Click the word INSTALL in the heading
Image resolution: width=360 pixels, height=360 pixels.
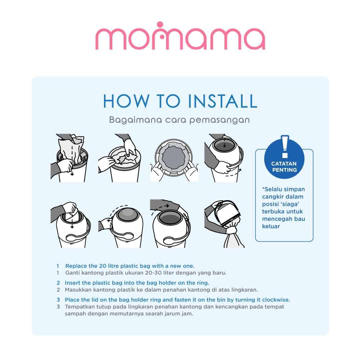click(223, 101)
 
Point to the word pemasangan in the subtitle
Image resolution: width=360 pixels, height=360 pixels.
click(219, 120)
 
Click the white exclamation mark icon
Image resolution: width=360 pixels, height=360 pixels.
click(285, 146)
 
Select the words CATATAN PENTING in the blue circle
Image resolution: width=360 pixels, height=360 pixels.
click(284, 167)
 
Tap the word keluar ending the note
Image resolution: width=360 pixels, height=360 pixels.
click(271, 226)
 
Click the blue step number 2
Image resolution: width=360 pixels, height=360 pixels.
click(58, 283)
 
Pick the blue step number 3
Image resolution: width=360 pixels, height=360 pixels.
click(58, 300)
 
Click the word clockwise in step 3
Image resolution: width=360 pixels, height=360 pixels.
click(276, 300)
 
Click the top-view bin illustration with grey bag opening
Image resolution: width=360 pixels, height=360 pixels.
click(174, 158)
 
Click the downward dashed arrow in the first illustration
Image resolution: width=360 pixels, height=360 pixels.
click(72, 160)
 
